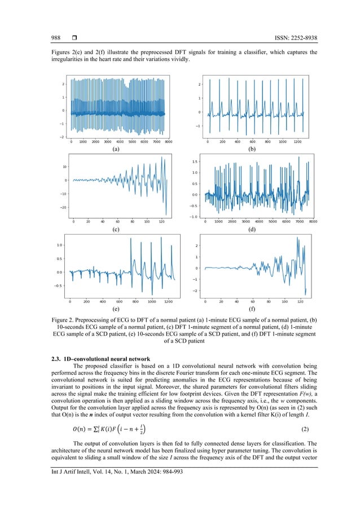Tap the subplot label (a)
click(116, 150)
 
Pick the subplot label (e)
click(116, 310)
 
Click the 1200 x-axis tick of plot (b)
click(298, 142)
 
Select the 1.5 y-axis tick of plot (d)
click(194, 161)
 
